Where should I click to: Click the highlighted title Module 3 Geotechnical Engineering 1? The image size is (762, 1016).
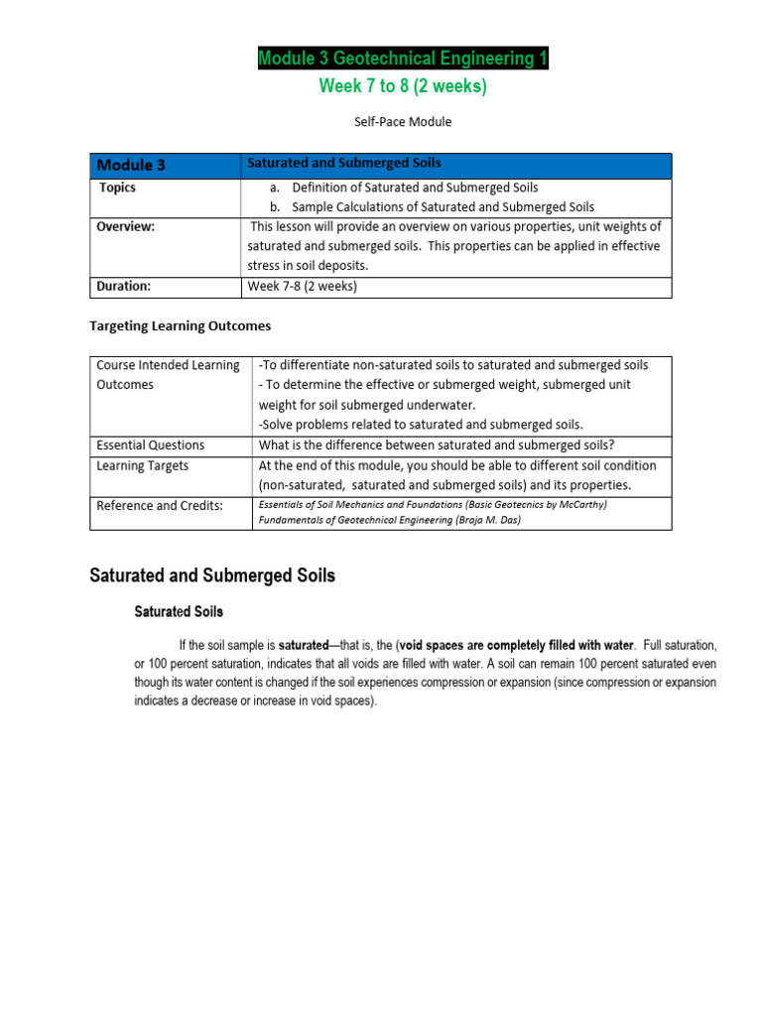403,60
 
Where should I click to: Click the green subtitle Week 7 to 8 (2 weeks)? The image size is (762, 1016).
403,86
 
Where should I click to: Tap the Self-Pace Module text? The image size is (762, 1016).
402,121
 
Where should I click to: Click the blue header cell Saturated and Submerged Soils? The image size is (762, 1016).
344,163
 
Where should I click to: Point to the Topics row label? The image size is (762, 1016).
118,188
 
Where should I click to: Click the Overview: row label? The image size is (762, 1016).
126,226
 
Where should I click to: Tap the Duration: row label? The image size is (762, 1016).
123,286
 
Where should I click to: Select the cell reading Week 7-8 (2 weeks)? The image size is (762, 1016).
302,287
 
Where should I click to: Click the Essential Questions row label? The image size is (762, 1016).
150,444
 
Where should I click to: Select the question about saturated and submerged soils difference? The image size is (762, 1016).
437,444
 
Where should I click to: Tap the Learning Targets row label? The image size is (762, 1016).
142,465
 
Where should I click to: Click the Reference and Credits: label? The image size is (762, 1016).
160,505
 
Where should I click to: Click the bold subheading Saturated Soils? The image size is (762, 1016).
179,611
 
